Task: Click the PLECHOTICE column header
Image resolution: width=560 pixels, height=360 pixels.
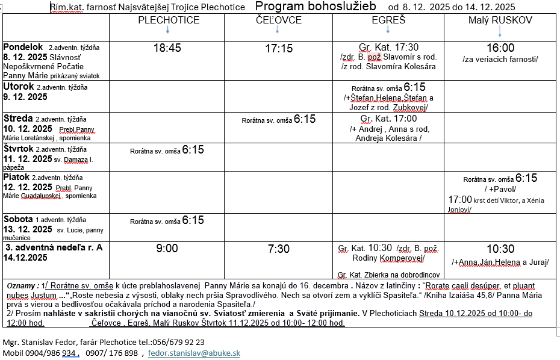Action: (x=169, y=20)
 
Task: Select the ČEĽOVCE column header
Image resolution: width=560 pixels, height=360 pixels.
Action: (x=278, y=20)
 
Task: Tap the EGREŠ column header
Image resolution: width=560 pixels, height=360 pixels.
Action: (x=388, y=20)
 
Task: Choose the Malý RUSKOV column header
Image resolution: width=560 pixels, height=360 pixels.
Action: (x=500, y=20)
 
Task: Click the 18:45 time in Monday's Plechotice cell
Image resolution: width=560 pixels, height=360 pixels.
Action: (x=167, y=48)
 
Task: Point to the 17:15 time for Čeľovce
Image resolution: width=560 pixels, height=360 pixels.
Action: (x=278, y=48)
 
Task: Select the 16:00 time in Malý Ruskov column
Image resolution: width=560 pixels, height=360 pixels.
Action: (x=500, y=48)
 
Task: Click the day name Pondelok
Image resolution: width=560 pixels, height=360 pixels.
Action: (x=23, y=47)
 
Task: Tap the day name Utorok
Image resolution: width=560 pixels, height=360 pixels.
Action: (x=19, y=87)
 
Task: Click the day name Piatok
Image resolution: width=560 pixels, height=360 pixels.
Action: (x=16, y=177)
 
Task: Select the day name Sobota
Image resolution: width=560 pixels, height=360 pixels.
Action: (x=19, y=219)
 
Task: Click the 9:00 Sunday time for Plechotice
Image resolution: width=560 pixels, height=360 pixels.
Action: (x=167, y=249)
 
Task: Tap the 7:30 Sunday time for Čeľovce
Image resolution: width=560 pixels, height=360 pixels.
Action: (x=278, y=249)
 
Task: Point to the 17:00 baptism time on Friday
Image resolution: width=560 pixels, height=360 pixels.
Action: (x=460, y=199)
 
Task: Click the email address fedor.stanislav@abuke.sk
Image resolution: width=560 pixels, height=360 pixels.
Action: (x=194, y=353)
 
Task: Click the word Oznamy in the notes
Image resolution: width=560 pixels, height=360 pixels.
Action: (x=20, y=285)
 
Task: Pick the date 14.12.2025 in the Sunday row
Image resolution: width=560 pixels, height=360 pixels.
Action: (x=25, y=257)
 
